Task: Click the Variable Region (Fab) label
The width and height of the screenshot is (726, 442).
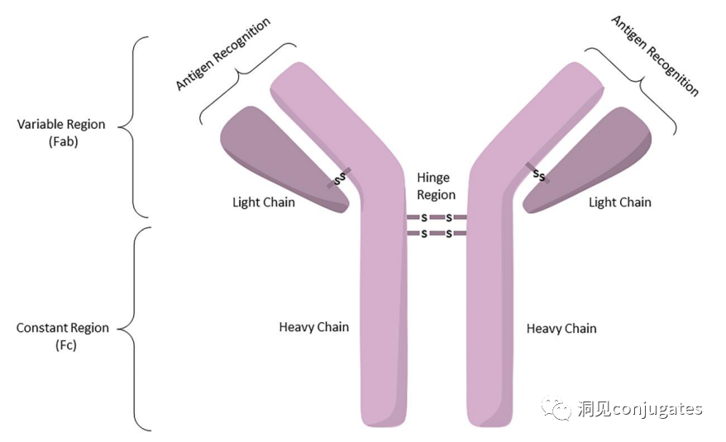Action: (x=61, y=133)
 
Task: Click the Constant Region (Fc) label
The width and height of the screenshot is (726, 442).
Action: (x=63, y=336)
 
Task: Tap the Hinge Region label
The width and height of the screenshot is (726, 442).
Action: (x=436, y=186)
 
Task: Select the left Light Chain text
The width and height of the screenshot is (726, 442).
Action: (x=264, y=202)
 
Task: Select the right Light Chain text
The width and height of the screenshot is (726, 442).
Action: (x=620, y=202)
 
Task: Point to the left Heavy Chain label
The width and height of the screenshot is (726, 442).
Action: (x=314, y=327)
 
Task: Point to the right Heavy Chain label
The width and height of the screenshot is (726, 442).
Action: (x=561, y=329)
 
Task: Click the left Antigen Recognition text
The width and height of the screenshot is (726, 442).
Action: (x=222, y=55)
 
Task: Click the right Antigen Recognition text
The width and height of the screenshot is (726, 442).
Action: (x=655, y=55)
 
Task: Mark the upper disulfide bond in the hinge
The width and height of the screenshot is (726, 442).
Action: (x=437, y=217)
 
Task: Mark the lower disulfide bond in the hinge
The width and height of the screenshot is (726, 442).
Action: (x=437, y=234)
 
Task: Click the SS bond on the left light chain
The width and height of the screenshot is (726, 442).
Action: (x=339, y=178)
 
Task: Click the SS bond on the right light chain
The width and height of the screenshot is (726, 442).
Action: (x=538, y=173)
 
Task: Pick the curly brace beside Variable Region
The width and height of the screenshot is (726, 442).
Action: (x=133, y=126)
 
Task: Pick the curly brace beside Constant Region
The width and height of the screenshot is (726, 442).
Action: (x=133, y=329)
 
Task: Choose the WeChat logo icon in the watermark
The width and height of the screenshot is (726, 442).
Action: (x=556, y=408)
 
